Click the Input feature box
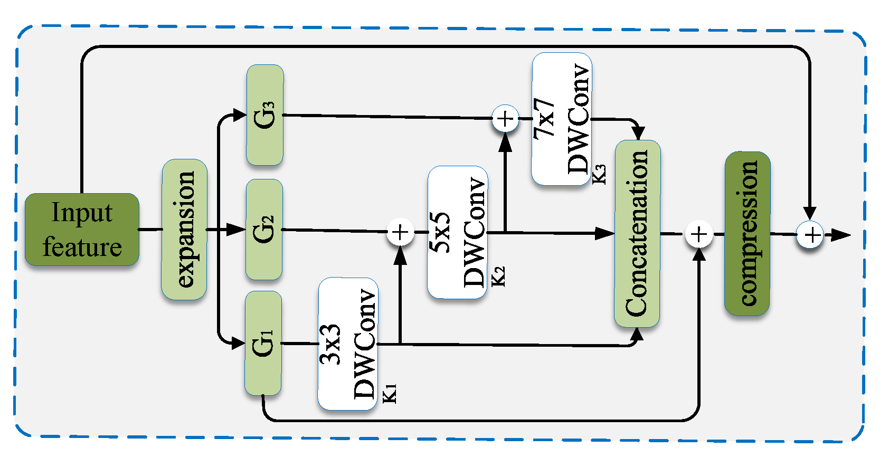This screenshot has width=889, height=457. (82, 229)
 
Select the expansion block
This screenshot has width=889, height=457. (184, 230)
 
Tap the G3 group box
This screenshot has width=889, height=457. (264, 115)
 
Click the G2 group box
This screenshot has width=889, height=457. (264, 230)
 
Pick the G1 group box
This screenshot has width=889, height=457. (263, 344)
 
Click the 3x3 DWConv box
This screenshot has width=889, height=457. (347, 344)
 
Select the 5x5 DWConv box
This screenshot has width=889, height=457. (457, 232)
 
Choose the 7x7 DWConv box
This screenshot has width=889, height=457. (561, 119)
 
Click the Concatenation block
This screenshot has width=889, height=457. (637, 234)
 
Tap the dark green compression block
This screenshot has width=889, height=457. (747, 234)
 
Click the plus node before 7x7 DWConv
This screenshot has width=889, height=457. (505, 119)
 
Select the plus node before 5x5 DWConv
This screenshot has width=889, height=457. (400, 232)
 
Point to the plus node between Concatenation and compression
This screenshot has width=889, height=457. (699, 234)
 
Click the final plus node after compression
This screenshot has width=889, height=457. (810, 234)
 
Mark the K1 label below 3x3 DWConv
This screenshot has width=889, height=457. (390, 394)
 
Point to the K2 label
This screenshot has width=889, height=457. (498, 277)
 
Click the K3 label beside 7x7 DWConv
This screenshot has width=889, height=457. (599, 174)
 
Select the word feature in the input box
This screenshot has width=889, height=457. (82, 247)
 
